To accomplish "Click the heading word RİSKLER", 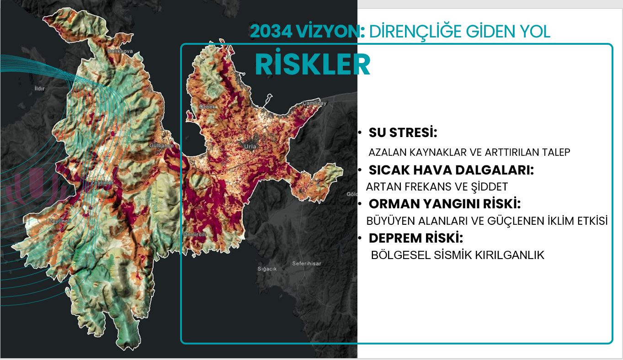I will coord(312,64).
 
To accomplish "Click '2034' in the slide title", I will coord(267,32).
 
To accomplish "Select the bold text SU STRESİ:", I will coord(403,133).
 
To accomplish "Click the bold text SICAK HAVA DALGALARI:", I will coord(451,170).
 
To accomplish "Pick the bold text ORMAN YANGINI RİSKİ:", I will coord(444,203).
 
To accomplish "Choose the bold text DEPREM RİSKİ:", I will coord(416,238).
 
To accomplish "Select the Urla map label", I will coord(251,147).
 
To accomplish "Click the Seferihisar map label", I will coord(306,264).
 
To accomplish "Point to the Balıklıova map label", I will coord(120,52).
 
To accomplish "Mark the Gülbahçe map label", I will coord(161,146).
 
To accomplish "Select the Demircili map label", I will coord(195,234).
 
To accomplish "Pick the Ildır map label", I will coord(40,88).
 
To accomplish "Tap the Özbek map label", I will coord(207,106).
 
